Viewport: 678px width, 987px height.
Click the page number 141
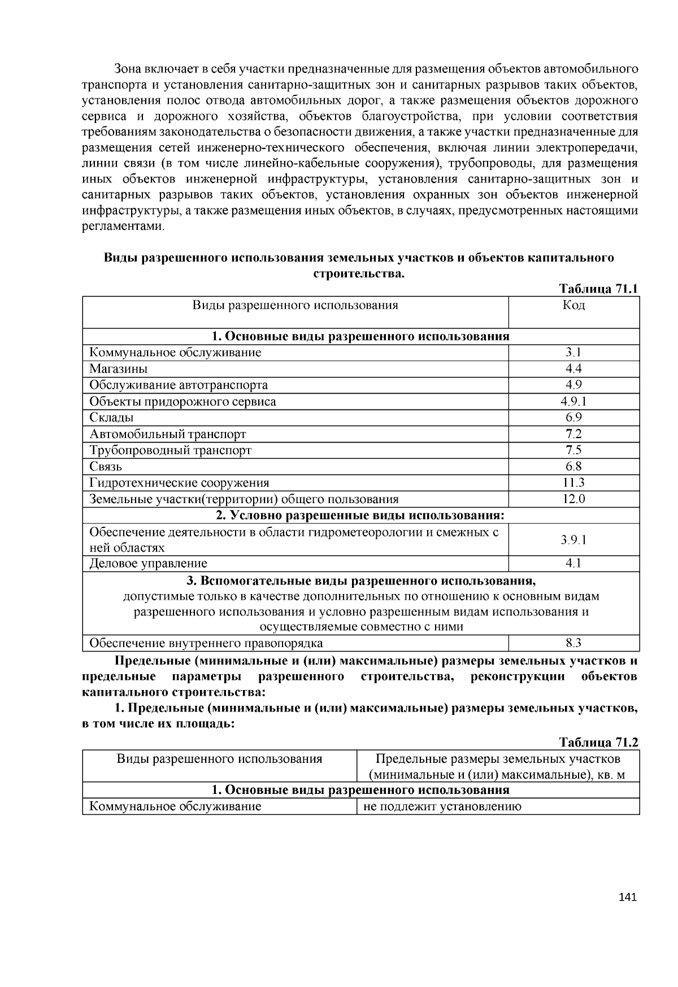628,897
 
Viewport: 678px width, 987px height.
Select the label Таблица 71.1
598,289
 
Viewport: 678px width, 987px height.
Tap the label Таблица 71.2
598,742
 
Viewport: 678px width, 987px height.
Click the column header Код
573,305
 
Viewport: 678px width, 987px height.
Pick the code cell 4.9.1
573,401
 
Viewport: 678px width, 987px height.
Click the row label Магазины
119,369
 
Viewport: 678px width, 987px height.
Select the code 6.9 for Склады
573,418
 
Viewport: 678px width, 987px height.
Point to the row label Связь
106,466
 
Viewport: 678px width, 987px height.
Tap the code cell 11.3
573,483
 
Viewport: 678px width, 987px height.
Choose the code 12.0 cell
573,499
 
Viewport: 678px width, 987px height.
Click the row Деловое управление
149,564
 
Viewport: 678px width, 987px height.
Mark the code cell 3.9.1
573,540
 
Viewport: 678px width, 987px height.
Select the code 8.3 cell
573,643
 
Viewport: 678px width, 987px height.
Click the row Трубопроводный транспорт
171,450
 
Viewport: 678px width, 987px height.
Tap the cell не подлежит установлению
442,806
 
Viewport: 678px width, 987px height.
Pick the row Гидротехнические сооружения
180,483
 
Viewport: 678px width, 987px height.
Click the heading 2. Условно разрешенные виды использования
360,516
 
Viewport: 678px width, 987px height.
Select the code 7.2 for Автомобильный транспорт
573,434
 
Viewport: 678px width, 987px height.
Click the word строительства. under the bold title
359,274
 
